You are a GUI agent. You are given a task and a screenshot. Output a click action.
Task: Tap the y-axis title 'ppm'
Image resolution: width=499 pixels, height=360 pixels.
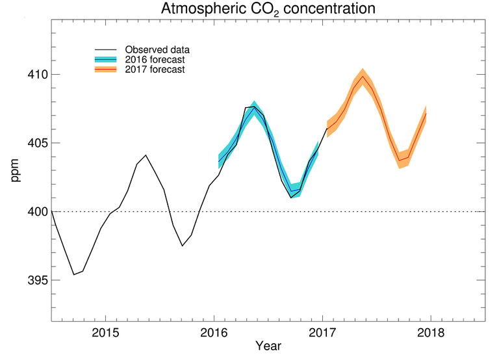(x=15, y=170)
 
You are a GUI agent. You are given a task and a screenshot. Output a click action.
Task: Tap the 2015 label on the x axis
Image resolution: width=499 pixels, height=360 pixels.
(x=105, y=333)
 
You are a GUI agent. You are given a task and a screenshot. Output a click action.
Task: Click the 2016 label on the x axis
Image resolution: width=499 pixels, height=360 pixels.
(x=214, y=333)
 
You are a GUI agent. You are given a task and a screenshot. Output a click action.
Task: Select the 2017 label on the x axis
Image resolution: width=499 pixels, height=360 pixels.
(x=322, y=333)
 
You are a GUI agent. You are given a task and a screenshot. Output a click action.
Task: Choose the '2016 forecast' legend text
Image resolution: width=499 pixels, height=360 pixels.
(x=154, y=60)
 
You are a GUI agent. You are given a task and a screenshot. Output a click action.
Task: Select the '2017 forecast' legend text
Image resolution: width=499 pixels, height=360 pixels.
(x=154, y=70)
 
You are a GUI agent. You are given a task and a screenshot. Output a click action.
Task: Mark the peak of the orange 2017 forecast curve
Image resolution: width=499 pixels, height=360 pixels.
(x=363, y=77)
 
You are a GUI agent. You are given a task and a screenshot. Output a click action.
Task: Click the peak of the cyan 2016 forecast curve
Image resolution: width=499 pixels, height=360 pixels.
(x=254, y=108)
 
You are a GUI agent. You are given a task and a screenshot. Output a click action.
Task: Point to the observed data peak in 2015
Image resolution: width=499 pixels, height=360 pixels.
(x=146, y=155)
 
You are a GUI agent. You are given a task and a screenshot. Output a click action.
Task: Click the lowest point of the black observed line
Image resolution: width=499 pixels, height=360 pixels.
(x=73, y=274)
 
